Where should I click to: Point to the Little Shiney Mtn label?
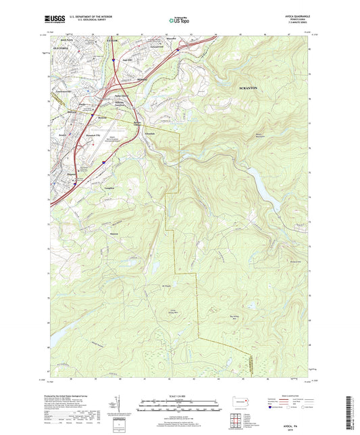pyautogui.click(x=163, y=311)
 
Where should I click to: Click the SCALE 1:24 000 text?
pyautogui.click(x=179, y=396)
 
